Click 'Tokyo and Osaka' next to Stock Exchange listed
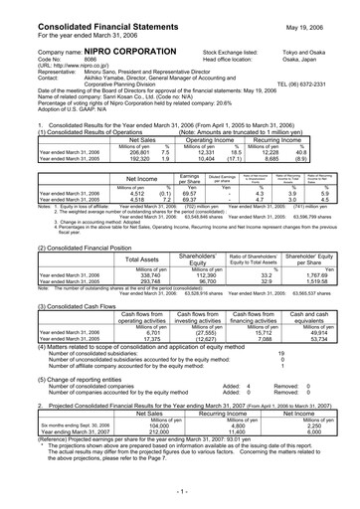point(318,49)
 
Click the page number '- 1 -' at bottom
point(180,493)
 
